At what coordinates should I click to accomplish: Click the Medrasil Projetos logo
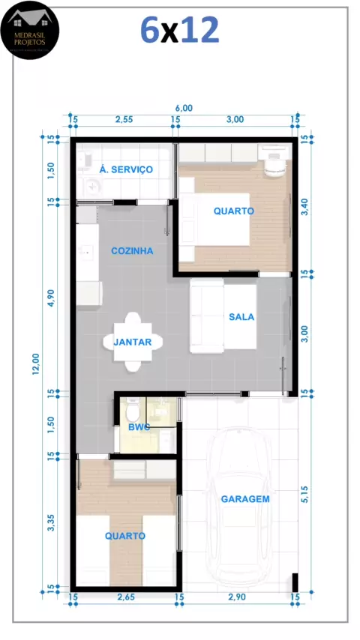(30, 30)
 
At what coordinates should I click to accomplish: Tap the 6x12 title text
(180, 31)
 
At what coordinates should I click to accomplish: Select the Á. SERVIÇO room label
(126, 169)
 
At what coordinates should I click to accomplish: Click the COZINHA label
(133, 250)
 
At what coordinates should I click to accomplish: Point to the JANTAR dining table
(133, 342)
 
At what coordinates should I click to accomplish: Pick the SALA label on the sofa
(241, 317)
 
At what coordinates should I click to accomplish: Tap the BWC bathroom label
(139, 427)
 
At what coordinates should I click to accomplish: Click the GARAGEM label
(245, 499)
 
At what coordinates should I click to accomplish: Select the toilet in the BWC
(133, 411)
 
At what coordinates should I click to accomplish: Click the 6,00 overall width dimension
(184, 108)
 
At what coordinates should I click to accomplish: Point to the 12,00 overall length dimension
(36, 363)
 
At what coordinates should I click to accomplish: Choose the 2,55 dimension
(124, 120)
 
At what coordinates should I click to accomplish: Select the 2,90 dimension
(237, 597)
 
